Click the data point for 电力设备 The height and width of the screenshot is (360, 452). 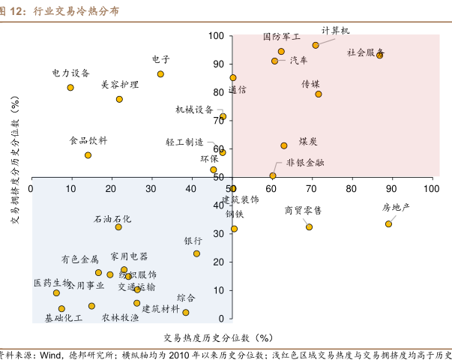coord(70,88)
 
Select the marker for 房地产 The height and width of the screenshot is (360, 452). coord(388,223)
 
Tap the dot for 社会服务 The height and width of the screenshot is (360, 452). coord(379,55)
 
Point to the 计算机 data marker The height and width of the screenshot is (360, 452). coord(316,45)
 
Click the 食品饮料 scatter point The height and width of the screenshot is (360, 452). coord(88,155)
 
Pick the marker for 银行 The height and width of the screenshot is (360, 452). coord(196,253)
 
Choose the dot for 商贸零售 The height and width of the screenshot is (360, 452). coord(309,227)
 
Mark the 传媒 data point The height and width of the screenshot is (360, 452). coord(319,94)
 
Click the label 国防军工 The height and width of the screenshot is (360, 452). coord(281,36)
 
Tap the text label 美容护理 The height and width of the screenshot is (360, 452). coord(120,85)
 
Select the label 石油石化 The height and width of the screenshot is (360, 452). coord(112,219)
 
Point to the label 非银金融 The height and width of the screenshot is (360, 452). coord(305,161)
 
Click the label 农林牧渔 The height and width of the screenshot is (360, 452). coord(120,317)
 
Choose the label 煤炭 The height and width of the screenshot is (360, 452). coord(307,141)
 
